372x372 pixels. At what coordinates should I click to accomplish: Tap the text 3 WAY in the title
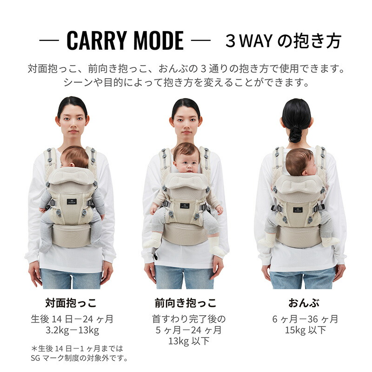tap(249, 41)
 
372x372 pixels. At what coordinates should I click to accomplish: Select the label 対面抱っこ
tap(71, 303)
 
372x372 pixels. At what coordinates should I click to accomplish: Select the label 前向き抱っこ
tap(186, 303)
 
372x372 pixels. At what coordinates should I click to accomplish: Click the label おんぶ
tap(304, 303)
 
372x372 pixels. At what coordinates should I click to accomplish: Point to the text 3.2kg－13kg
tap(73, 330)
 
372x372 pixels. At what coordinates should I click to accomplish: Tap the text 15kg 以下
tap(306, 330)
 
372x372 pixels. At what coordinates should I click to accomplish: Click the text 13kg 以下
tap(189, 341)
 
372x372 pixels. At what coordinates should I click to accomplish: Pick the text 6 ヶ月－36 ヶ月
tap(305, 319)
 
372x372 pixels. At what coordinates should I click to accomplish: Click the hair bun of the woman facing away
tap(295, 133)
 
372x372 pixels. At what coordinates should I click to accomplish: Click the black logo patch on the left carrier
tap(72, 202)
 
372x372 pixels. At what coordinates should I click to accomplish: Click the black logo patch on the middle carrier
tap(185, 206)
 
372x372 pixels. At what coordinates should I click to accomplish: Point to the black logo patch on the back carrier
tap(298, 210)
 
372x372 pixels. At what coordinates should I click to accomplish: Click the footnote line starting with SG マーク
tap(79, 358)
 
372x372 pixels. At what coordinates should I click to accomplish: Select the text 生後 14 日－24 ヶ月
tap(72, 319)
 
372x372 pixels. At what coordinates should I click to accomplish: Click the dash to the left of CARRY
tap(49, 40)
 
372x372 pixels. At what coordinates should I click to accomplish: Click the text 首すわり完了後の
tap(189, 319)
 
